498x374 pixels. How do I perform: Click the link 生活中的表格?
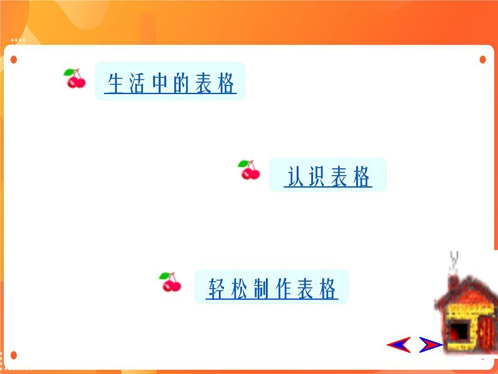point(171,83)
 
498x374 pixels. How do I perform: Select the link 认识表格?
point(328,176)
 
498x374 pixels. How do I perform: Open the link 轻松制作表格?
point(272,289)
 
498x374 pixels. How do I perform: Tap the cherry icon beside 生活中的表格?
point(75,78)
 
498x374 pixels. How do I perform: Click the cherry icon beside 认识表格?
point(249,169)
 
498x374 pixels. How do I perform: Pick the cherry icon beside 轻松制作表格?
point(170,282)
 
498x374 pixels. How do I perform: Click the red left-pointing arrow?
point(399,345)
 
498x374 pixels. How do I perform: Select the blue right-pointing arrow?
point(431,345)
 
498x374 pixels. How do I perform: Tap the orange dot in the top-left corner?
point(14,60)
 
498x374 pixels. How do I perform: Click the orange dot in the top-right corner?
point(483,60)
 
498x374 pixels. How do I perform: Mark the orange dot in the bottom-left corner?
point(14,355)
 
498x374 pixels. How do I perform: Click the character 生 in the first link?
point(115,83)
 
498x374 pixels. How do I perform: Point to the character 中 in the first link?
point(159,83)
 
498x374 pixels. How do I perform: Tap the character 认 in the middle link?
point(295,176)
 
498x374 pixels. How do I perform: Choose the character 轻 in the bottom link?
point(217,289)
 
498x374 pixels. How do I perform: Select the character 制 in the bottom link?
point(261,289)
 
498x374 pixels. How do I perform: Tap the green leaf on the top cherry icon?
point(68,72)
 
